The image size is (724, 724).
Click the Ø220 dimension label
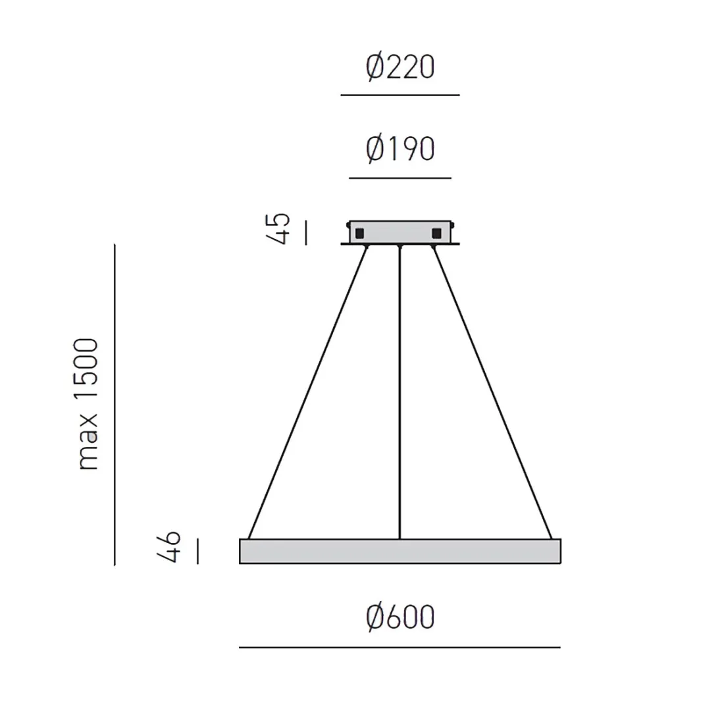(400, 68)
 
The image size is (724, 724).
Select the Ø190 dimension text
(400, 149)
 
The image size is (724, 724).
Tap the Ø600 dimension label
(400, 617)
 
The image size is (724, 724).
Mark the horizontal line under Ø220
(400, 95)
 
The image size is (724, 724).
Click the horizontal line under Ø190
(400, 178)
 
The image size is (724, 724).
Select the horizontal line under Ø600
(400, 648)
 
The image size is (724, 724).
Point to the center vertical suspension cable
(400, 395)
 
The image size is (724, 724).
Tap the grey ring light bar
(400, 552)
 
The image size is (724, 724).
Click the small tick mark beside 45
(306, 233)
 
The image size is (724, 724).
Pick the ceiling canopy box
(400, 232)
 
